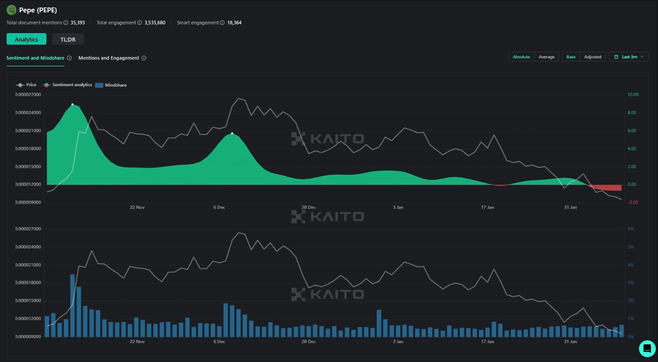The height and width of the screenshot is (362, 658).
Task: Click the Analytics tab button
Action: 26,39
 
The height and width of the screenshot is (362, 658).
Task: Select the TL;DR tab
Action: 68,39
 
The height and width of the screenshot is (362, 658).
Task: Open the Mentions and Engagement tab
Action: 109,58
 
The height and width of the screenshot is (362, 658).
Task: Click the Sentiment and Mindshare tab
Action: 35,58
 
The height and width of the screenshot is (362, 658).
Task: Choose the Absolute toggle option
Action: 521,57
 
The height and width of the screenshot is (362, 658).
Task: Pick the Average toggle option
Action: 546,57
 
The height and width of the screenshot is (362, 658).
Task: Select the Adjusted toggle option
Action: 593,57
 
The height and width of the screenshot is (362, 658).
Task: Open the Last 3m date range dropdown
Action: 628,57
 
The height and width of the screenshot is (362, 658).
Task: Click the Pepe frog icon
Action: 11,10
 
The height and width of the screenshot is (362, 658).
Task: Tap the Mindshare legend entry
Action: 111,85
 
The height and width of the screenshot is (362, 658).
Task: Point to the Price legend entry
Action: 26,85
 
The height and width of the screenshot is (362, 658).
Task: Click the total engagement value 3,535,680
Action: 155,23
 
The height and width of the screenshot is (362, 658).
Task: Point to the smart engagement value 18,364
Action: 234,23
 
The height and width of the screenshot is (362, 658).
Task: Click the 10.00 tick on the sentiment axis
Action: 633,95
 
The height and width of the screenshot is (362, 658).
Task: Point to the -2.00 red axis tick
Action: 633,202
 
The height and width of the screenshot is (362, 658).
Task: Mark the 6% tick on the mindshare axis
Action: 631,229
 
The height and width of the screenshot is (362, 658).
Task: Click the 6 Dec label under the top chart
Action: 219,207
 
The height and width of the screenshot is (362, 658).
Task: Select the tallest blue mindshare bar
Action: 72,305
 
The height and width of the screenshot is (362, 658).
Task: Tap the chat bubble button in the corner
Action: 647,348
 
